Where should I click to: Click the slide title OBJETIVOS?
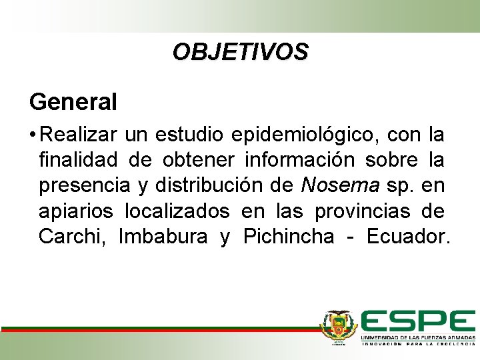pyautogui.click(x=240, y=52)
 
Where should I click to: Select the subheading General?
pyautogui.click(x=73, y=102)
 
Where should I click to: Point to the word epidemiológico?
pyautogui.click(x=304, y=135)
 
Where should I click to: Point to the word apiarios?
pyautogui.click(x=75, y=211)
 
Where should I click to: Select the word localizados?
pyautogui.click(x=177, y=211)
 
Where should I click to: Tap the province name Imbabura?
pyautogui.click(x=163, y=237)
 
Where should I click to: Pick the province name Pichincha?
pyautogui.click(x=289, y=237)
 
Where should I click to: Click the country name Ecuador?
pyautogui.click(x=408, y=237)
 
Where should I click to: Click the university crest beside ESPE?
pyautogui.click(x=339, y=327)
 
